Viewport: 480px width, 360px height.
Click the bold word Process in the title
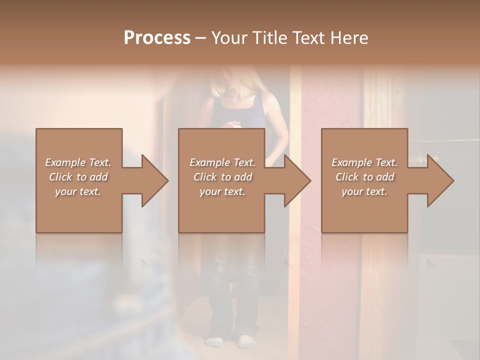[157, 37]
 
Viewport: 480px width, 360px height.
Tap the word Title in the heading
[267, 37]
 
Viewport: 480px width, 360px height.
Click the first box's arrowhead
[155, 180]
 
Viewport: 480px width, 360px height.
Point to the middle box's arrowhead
[297, 180]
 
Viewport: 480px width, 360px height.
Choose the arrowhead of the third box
[440, 180]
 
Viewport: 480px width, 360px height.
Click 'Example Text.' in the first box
[78, 162]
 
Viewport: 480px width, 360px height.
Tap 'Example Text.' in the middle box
[222, 162]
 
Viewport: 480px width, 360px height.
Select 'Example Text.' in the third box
[364, 162]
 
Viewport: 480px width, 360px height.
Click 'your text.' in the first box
[78, 191]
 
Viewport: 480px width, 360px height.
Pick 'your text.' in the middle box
[222, 191]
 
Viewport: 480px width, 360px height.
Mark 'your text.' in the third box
[364, 191]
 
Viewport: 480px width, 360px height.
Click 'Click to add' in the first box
[78, 177]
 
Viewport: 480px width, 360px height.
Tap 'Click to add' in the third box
[364, 177]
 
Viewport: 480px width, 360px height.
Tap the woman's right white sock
[246, 341]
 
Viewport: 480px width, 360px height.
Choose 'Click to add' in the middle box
[222, 177]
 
